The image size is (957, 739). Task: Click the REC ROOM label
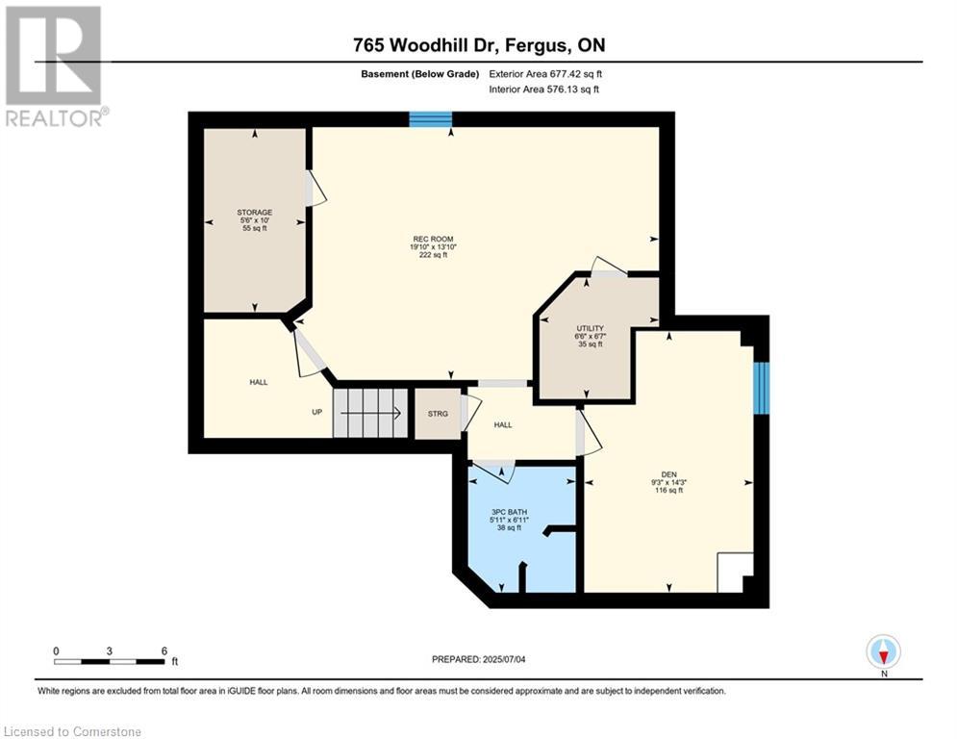click(x=433, y=239)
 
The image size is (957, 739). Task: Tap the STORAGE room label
click(x=255, y=213)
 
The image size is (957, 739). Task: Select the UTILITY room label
click(x=591, y=328)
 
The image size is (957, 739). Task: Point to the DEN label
click(x=668, y=474)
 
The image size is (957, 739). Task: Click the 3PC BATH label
click(x=509, y=512)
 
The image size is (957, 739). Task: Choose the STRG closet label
click(x=438, y=414)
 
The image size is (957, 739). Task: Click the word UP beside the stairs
click(x=316, y=412)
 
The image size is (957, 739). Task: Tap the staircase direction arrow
click(x=370, y=414)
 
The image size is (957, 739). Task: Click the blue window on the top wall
click(x=430, y=119)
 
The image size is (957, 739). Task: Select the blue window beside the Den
click(x=761, y=388)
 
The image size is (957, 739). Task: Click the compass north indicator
click(x=883, y=652)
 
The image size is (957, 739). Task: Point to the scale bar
click(x=110, y=661)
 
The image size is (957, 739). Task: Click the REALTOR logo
click(x=54, y=66)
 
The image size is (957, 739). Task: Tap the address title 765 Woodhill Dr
click(x=479, y=44)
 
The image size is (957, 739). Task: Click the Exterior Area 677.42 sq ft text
click(x=545, y=74)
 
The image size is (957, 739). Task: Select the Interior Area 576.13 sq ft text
click(x=543, y=89)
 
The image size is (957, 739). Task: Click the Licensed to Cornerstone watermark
click(x=72, y=731)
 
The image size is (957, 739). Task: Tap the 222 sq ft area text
click(x=433, y=255)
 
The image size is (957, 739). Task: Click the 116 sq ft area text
click(x=668, y=490)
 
